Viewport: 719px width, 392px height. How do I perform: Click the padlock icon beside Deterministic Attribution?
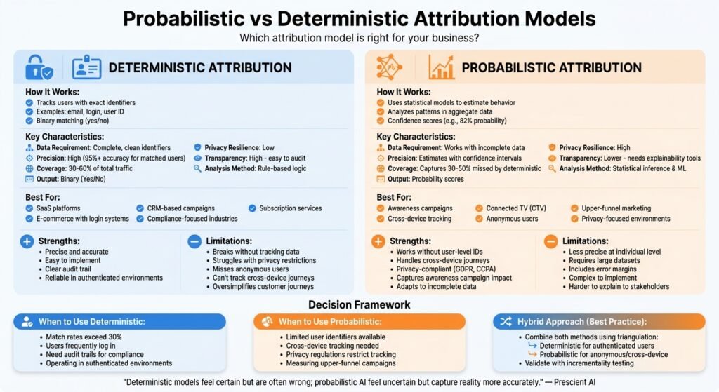39,67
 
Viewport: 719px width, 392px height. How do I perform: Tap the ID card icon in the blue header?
86,68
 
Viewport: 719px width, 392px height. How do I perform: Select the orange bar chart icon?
441,67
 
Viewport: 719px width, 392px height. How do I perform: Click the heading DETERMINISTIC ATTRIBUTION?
200,68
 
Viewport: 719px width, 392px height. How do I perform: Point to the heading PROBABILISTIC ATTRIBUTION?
552,68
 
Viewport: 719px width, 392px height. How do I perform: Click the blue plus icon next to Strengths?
27,241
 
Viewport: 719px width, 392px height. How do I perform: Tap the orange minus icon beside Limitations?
550,241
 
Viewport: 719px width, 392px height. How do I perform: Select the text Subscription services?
290,208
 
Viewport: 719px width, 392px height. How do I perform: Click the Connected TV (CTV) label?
516,208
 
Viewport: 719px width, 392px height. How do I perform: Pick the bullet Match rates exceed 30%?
84,337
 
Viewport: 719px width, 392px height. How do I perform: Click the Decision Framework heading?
359,305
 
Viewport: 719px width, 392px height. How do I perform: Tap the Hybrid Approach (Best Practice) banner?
599,321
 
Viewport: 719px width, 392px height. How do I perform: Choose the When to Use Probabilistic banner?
359,321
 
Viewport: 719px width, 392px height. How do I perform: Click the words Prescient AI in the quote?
574,382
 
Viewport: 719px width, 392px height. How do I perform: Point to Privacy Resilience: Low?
239,148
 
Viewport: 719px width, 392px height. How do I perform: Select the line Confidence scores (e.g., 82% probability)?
447,121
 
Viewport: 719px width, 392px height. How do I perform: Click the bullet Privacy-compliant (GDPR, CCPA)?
446,269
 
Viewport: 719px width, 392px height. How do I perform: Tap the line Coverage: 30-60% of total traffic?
84,168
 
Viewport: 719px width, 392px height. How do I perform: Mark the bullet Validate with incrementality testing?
579,363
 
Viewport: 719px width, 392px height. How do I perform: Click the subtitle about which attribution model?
359,38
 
